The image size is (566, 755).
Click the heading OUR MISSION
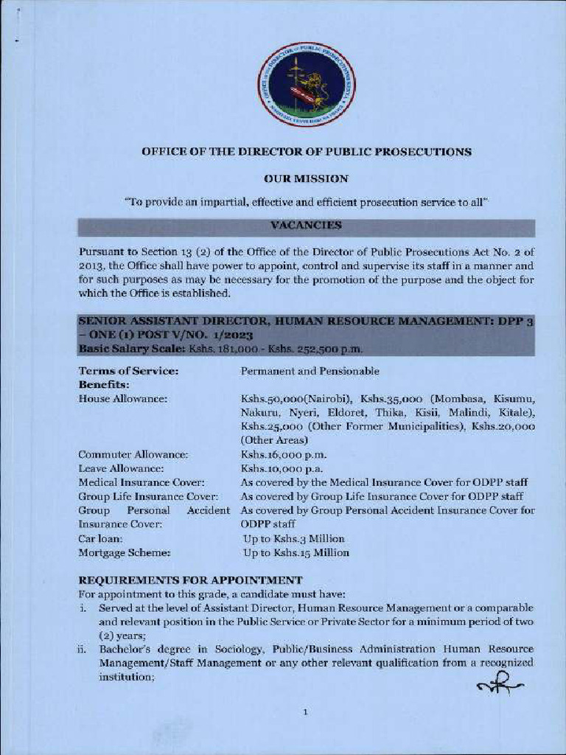click(306, 178)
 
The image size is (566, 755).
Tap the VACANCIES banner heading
click(306, 226)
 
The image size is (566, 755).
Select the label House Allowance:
click(123, 399)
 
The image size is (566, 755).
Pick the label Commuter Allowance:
click(133, 454)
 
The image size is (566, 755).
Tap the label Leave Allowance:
click(122, 468)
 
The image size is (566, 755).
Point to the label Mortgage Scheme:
click(125, 553)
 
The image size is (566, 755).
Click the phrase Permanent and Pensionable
click(310, 371)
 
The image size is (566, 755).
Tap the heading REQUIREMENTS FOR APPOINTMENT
click(190, 580)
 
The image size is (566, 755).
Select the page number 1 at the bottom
click(304, 712)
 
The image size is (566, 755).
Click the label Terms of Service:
click(128, 371)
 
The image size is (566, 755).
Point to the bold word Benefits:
click(104, 385)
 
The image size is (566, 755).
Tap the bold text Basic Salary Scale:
click(132, 349)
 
